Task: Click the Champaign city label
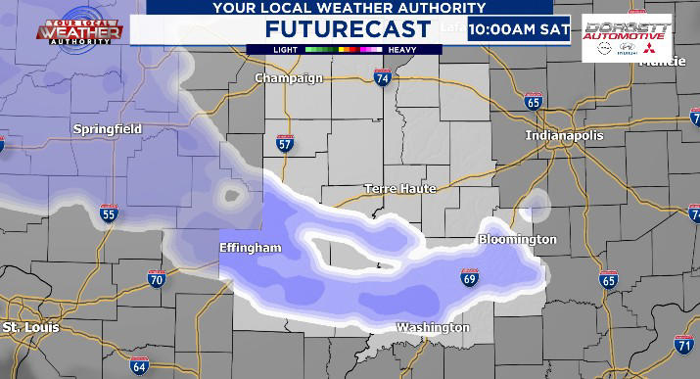[288, 78]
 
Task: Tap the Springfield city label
[108, 128]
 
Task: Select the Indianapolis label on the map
[564, 135]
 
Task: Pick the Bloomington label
[517, 239]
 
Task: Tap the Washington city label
[433, 327]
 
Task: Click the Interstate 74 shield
[382, 77]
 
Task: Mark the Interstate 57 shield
[285, 145]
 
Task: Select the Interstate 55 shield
[109, 213]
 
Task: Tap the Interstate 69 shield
[470, 279]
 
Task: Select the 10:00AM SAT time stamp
[519, 28]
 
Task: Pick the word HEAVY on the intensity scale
[401, 48]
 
